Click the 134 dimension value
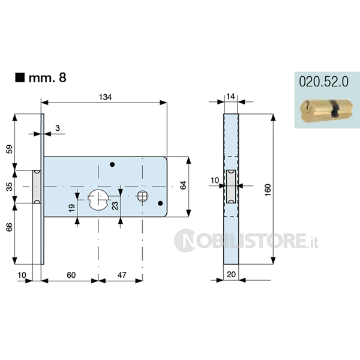[106, 97]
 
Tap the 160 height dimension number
[268, 190]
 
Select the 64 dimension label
[183, 185]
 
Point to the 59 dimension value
[10, 149]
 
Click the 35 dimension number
[10, 187]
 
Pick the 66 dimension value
[10, 227]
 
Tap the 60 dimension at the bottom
[71, 275]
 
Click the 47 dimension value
[122, 275]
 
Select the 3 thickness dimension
[58, 128]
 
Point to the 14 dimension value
[230, 97]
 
